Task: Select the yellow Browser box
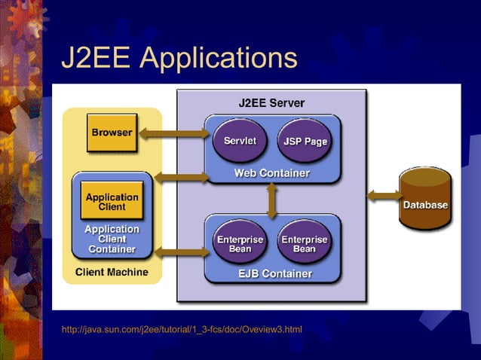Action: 112,133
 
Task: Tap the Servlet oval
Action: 240,141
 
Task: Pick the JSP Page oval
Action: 304,141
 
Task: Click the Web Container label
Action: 271,173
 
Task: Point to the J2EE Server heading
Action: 271,102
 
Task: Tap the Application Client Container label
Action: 112,239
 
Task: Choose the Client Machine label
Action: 112,272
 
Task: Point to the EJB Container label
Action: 271,273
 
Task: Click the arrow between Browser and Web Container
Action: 173,133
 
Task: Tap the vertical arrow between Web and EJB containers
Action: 271,200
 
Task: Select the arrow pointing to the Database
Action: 383,196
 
